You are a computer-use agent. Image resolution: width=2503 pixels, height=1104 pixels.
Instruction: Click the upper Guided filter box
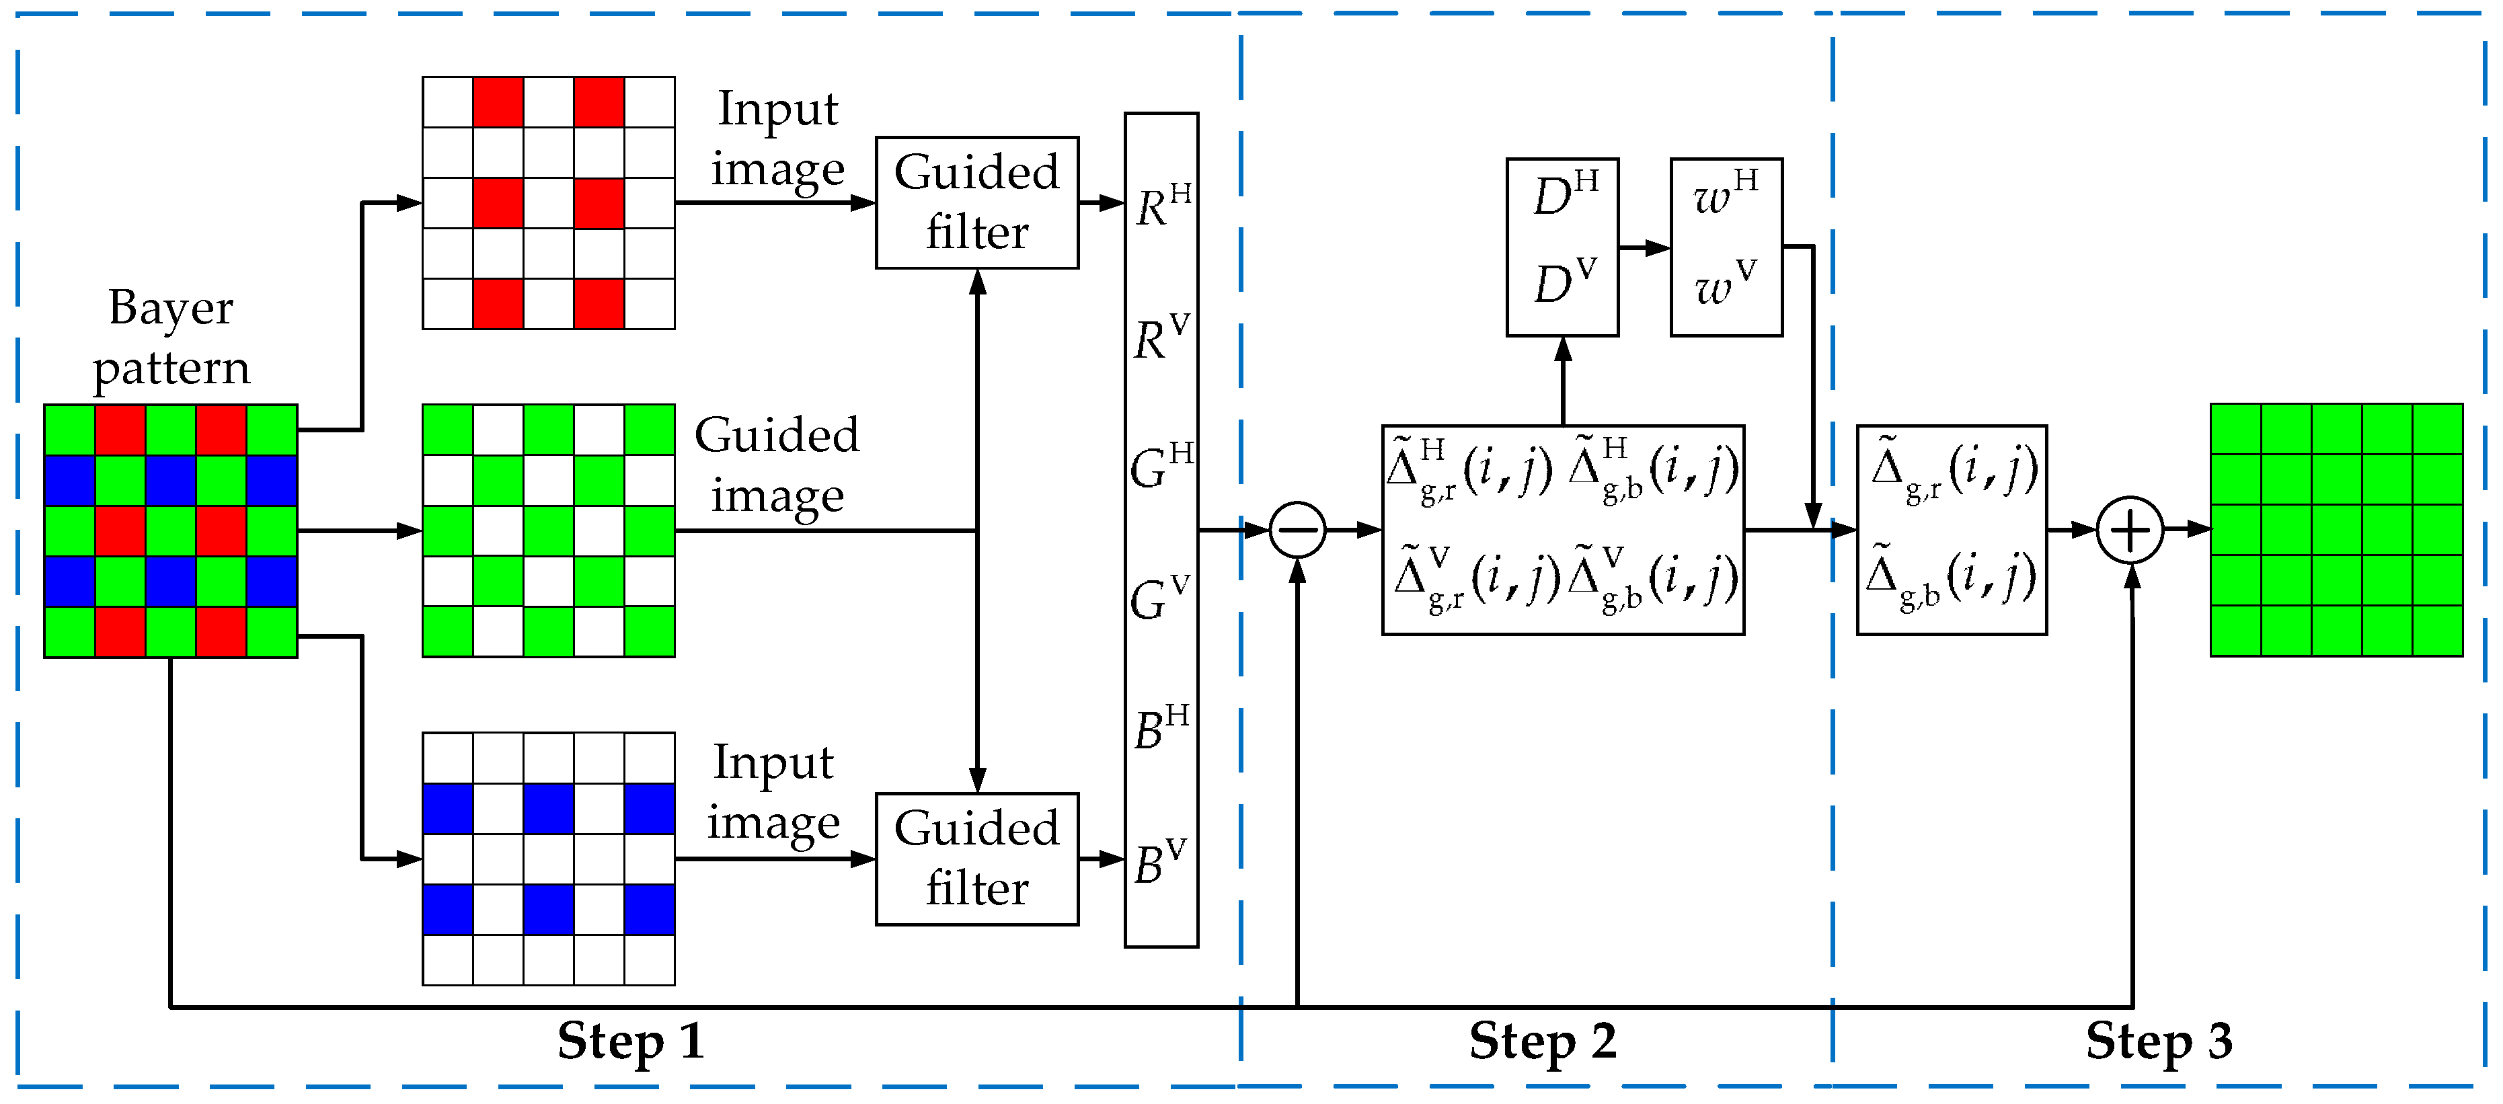point(976,202)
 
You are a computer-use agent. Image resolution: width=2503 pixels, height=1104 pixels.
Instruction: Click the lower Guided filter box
point(976,858)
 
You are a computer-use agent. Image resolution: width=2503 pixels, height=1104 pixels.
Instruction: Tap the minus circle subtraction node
point(1297,530)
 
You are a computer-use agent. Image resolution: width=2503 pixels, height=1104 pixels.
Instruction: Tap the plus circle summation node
point(2130,530)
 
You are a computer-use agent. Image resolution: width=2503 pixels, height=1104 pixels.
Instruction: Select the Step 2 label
point(1542,1041)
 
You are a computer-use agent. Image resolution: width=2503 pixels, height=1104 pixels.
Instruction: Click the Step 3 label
point(2159,1041)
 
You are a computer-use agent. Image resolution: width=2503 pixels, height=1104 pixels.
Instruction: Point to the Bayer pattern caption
point(171,338)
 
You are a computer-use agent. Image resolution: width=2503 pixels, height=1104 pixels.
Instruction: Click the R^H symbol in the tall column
point(1162,205)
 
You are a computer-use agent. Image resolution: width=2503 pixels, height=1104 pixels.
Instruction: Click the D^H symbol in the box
point(1564,194)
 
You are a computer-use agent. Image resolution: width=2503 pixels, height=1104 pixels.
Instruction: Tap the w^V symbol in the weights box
point(1725,284)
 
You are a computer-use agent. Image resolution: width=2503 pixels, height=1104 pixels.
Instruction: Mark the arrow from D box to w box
point(1644,248)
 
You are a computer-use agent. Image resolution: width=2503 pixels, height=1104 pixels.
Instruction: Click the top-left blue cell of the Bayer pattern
point(70,480)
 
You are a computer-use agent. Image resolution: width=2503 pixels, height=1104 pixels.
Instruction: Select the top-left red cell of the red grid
point(498,102)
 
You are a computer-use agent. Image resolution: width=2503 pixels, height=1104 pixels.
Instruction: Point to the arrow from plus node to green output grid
point(2187,530)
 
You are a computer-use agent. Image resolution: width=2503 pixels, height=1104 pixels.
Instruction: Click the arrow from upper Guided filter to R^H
point(1102,203)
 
